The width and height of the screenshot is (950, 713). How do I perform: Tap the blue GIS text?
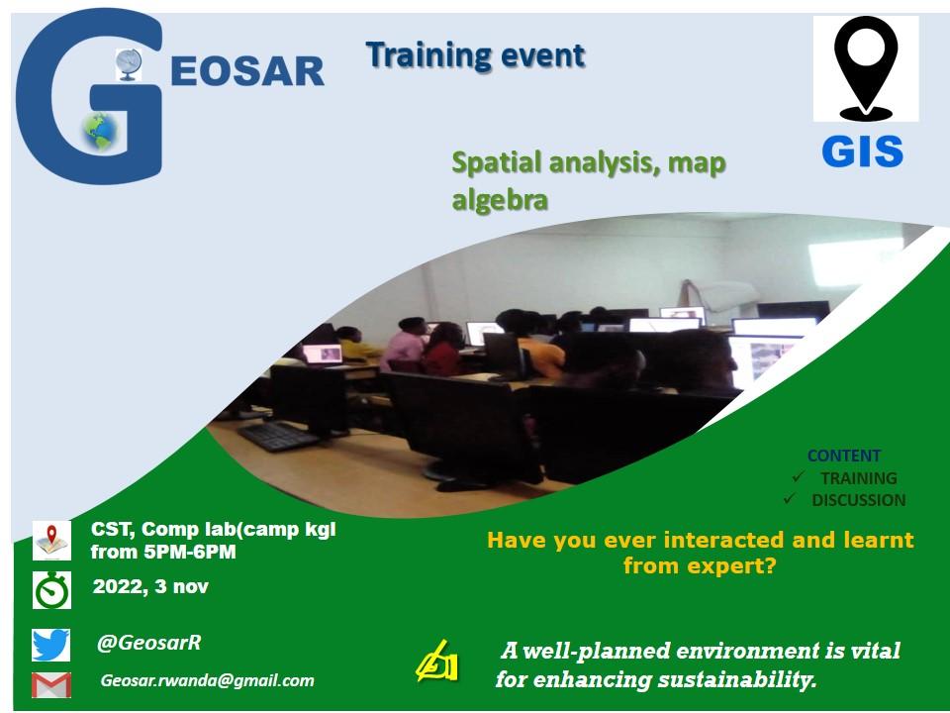pos(862,152)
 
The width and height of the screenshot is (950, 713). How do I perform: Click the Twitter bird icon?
pos(50,645)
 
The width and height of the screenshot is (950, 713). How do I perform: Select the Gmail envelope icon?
pos(50,684)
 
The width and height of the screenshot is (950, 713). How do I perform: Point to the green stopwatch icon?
pos(51,590)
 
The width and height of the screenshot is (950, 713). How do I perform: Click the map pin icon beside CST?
pos(51,541)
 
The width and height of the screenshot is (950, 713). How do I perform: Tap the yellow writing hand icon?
pos(436,662)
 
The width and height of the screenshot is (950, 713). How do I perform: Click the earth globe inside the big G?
pos(100,132)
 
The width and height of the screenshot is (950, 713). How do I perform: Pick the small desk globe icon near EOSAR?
pos(129,65)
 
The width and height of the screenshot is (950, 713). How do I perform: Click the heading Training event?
pos(476,55)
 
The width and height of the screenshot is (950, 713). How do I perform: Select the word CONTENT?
pos(844,456)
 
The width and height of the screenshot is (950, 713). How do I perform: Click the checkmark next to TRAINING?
pos(798,477)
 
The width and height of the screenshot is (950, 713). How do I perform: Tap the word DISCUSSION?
pos(859,500)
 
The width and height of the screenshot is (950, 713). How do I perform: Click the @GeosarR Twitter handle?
pos(149,643)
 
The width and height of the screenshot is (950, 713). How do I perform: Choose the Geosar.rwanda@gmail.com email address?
pos(207,680)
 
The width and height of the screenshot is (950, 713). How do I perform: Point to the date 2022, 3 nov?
pos(150,587)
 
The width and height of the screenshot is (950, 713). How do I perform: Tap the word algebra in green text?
pos(500,200)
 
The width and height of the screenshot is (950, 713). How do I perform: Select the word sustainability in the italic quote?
pos(736,679)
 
